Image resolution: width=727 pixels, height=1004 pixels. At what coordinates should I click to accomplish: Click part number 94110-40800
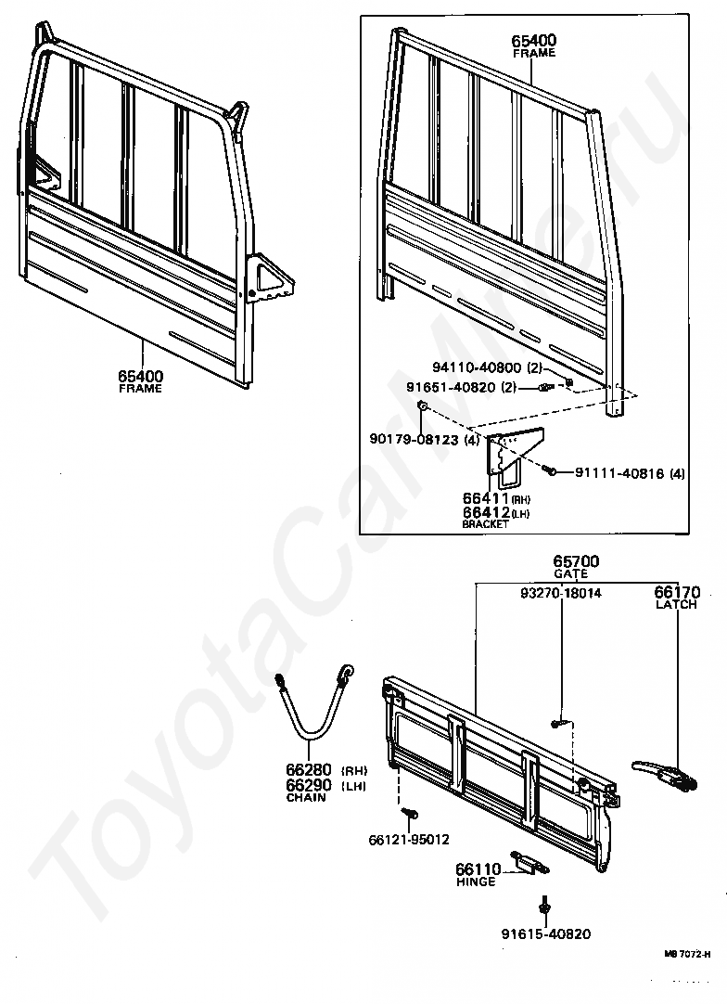point(481,367)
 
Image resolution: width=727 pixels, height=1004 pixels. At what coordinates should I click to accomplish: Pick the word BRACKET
point(485,524)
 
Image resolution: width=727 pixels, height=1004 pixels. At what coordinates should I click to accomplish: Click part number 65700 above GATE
point(576,561)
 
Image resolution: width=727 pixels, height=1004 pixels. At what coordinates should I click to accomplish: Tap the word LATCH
point(676,604)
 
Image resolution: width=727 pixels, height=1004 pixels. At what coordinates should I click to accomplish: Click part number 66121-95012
point(409,840)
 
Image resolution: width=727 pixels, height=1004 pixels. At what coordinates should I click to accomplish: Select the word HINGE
point(476,882)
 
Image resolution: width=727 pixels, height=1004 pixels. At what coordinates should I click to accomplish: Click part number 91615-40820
point(545,934)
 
